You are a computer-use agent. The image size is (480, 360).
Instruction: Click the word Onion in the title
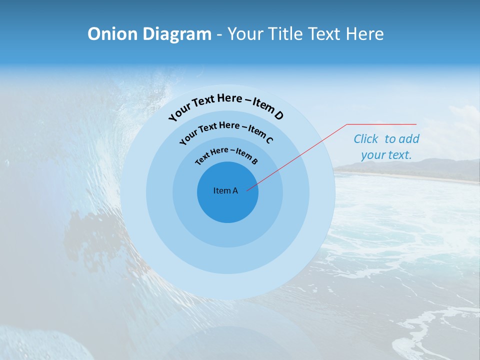pyautogui.click(x=112, y=34)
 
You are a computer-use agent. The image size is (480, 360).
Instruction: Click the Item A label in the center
pyautogui.click(x=225, y=190)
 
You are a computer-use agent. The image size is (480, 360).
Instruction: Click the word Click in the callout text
pyautogui.click(x=366, y=139)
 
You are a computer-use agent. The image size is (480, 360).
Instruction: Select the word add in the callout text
pyautogui.click(x=409, y=139)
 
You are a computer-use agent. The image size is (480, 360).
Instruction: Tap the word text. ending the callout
pyautogui.click(x=400, y=155)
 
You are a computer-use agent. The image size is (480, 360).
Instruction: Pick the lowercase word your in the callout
pyautogui.click(x=372, y=155)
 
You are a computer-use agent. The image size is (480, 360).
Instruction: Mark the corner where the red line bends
pyautogui.click(x=347, y=124)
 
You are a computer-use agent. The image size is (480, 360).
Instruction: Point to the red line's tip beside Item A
pyautogui.click(x=247, y=190)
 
